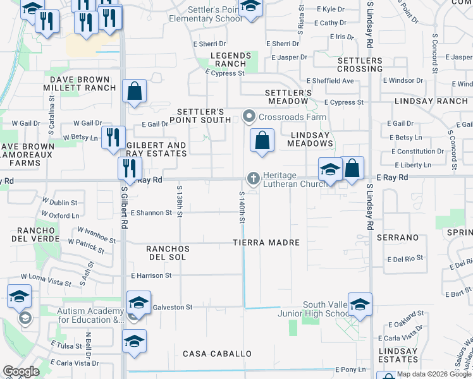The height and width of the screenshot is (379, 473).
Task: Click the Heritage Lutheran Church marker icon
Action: pyautogui.click(x=254, y=179)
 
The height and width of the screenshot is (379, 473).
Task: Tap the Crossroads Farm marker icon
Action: pyautogui.click(x=249, y=117)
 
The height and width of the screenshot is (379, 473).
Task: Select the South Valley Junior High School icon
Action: pyautogui.click(x=360, y=306)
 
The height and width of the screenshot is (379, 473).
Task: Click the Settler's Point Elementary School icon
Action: pyautogui.click(x=251, y=8)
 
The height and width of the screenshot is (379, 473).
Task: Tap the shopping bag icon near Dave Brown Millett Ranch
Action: pyautogui.click(x=135, y=91)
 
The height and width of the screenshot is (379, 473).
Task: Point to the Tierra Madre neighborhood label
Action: pyautogui.click(x=266, y=243)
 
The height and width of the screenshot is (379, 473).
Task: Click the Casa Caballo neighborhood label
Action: pyautogui.click(x=217, y=354)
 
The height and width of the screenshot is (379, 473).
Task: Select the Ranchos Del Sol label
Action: pyautogui.click(x=168, y=253)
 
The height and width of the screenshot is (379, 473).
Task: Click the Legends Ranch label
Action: pyautogui.click(x=228, y=60)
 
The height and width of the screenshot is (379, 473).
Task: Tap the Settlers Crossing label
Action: pyautogui.click(x=360, y=64)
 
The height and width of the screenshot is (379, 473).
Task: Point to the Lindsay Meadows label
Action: pyautogui.click(x=310, y=139)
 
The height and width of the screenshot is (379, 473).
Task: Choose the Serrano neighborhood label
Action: pyautogui.click(x=398, y=238)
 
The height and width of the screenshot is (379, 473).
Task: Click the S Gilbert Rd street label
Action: pyautogui.click(x=125, y=208)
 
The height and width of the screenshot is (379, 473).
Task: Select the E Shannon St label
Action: pyautogui.click(x=151, y=213)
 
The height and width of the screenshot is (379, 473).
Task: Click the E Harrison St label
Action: pyautogui.click(x=151, y=275)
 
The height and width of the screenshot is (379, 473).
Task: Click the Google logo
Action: pyautogui.click(x=21, y=371)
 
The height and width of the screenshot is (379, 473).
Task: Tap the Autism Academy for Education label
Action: pyautogui.click(x=90, y=315)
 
